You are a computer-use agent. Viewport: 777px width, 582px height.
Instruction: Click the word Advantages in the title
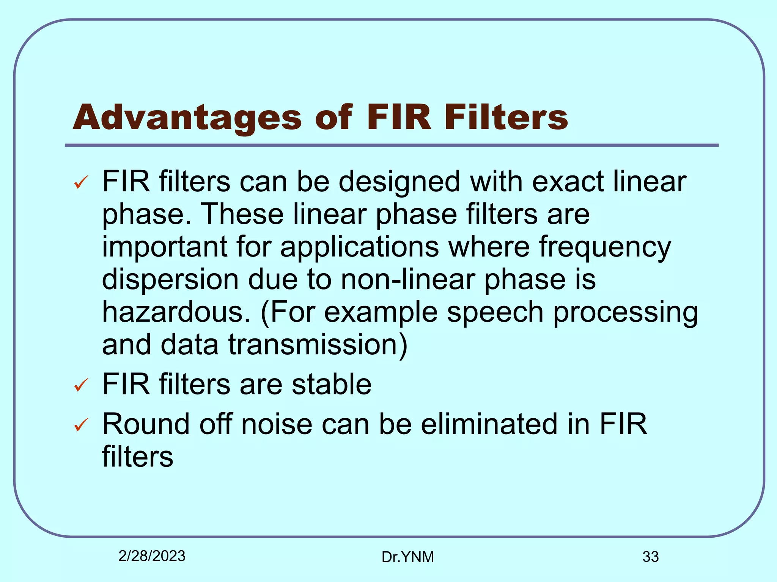187,118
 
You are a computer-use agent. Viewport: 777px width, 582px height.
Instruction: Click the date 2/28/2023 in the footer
152,556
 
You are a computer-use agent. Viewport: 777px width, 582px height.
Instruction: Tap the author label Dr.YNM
407,557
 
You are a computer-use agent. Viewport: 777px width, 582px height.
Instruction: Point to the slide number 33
650,557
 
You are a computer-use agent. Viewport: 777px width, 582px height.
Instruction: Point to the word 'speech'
495,313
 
